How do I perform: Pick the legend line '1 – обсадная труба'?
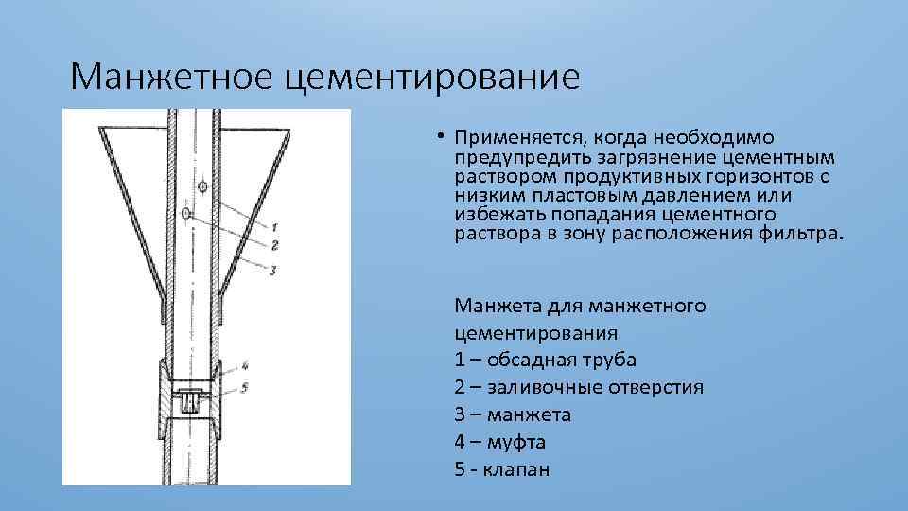[546, 360]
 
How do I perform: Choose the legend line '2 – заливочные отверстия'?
[579, 387]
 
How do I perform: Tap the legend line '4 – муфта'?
[500, 442]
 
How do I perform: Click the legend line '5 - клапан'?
[501, 469]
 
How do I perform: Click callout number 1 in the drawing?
[272, 227]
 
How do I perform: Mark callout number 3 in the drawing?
[272, 271]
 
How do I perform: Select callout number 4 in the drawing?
[244, 365]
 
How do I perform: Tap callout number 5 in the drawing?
[244, 386]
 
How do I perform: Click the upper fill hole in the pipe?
[202, 187]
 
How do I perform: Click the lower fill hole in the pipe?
[188, 214]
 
